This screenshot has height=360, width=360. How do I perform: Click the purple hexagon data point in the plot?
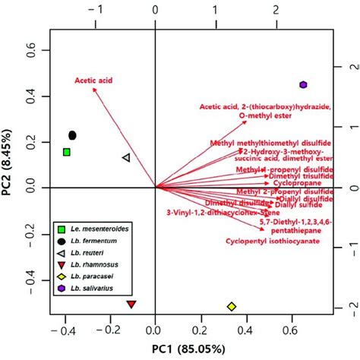303,85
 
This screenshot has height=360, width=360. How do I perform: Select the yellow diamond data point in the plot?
231,306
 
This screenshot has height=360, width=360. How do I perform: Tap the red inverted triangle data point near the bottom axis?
131,305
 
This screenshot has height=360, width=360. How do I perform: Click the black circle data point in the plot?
73,135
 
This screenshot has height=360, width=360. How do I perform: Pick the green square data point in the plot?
67,152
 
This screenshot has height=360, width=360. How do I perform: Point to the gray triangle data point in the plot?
126,158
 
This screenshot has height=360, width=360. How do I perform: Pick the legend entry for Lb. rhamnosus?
98,264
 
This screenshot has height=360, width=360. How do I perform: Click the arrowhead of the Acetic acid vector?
93,89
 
